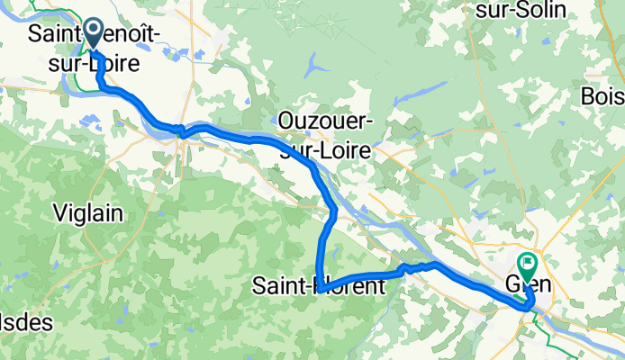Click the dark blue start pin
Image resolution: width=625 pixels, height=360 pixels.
pos(95,35)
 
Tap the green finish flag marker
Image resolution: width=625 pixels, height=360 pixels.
pos(527,266)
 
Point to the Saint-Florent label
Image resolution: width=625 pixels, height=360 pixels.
pos(318,287)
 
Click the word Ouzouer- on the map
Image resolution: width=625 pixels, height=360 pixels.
pos(322,121)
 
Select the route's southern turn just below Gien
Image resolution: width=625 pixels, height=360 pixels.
pos(528,308)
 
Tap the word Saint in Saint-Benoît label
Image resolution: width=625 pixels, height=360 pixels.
pos(56,35)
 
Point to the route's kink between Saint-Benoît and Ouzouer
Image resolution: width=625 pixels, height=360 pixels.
pos(182,130)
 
